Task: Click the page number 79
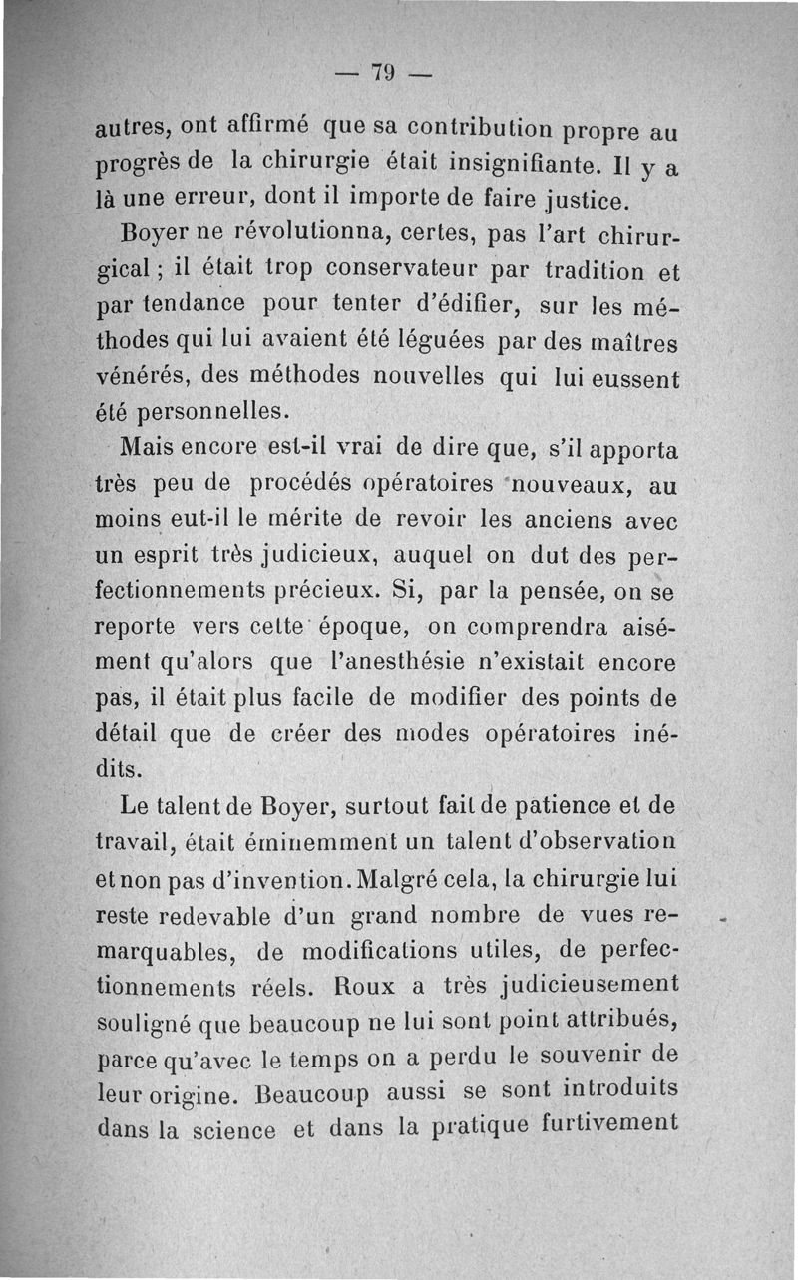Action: pos(383,72)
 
